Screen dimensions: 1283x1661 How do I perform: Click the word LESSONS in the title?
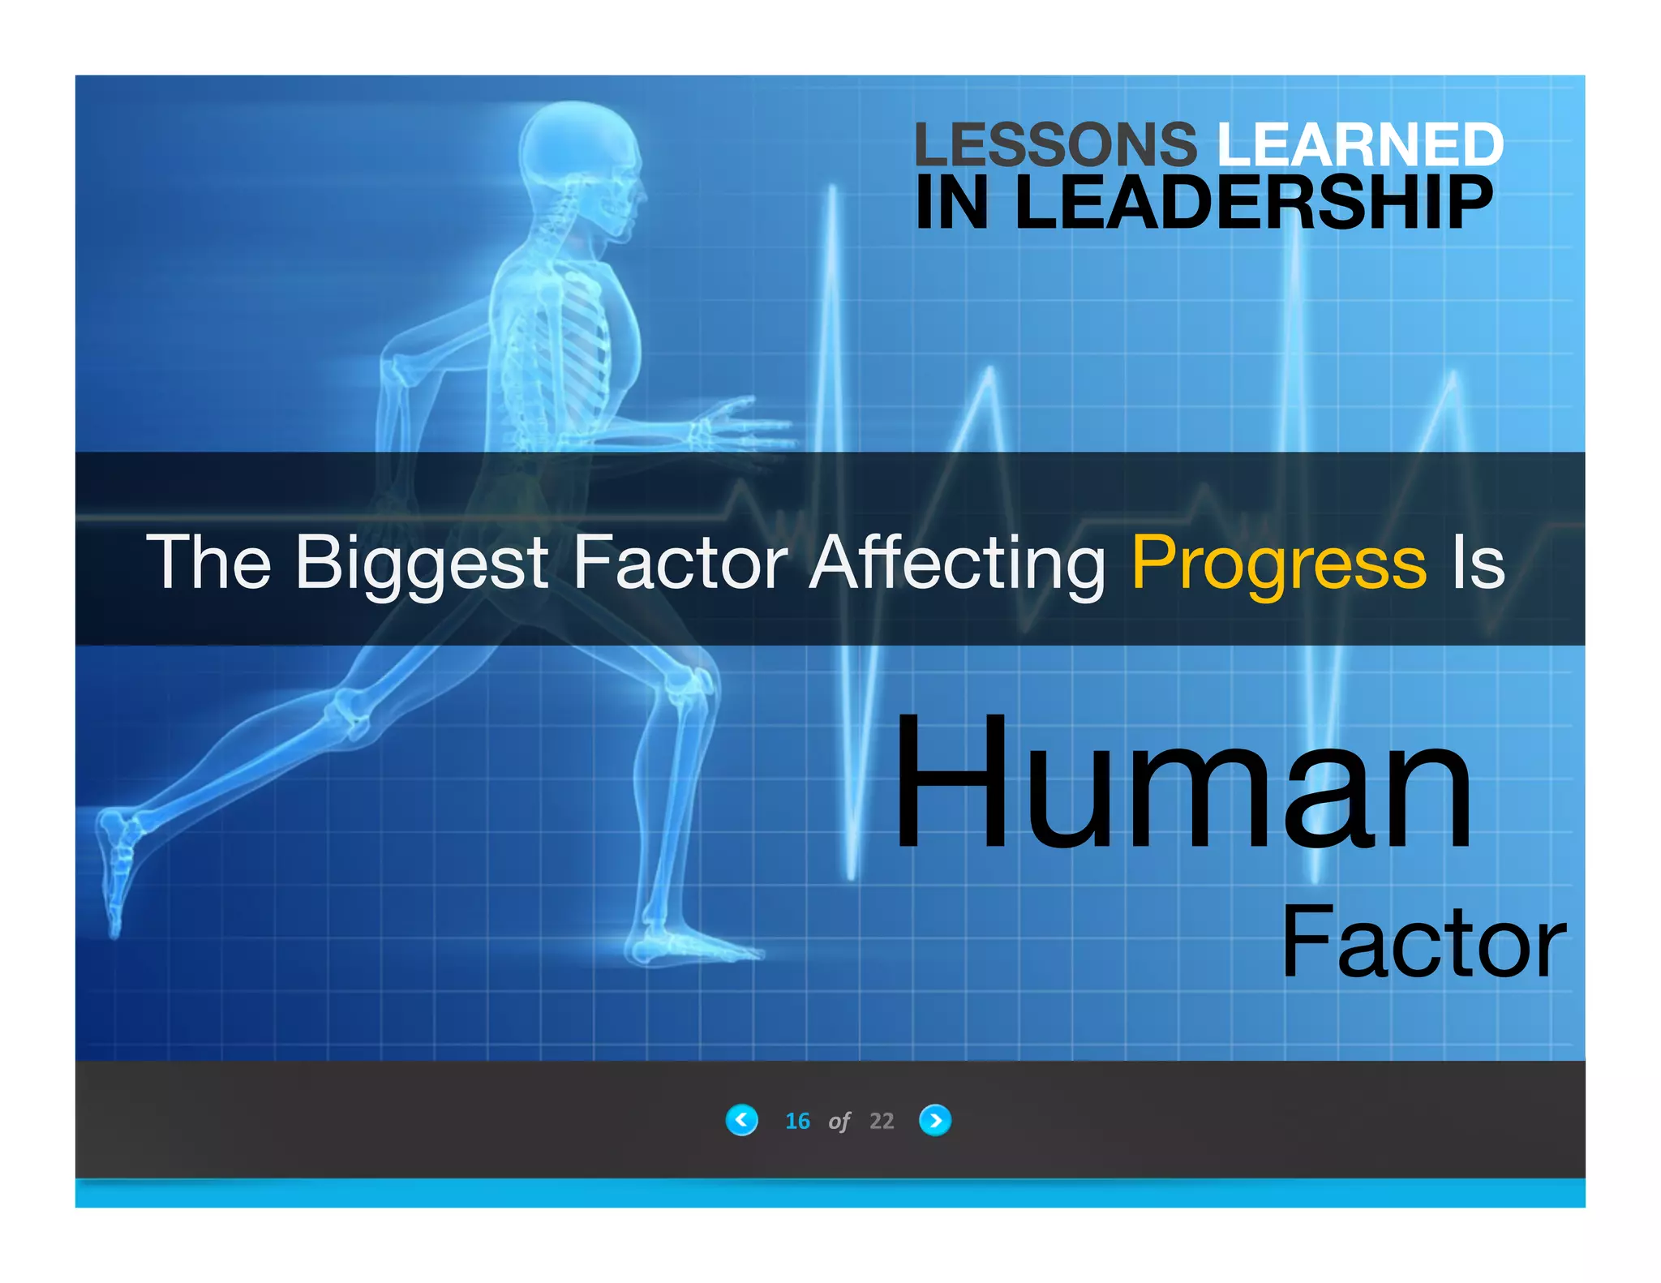click(x=1054, y=144)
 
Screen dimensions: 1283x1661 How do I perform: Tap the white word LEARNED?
click(x=1360, y=144)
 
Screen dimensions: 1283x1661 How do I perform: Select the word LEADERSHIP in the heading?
click(x=1253, y=203)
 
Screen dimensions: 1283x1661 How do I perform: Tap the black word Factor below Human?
click(x=1423, y=942)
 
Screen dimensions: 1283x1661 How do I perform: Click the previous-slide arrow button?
click(x=741, y=1121)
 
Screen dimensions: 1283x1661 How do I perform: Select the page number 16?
click(x=797, y=1121)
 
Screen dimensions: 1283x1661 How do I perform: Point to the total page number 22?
click(x=882, y=1121)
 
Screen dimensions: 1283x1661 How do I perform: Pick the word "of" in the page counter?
click(x=839, y=1122)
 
